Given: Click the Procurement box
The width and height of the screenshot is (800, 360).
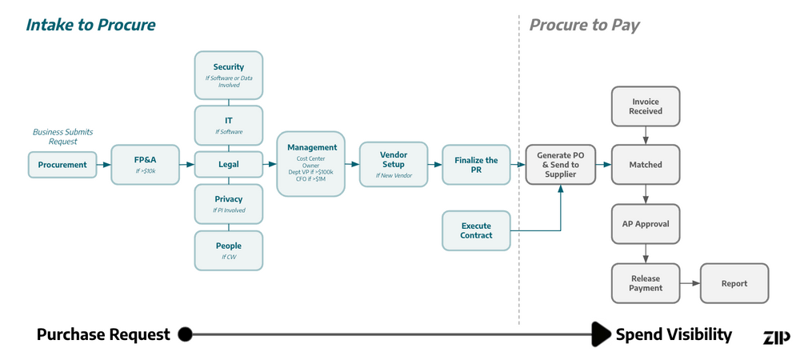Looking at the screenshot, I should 62,165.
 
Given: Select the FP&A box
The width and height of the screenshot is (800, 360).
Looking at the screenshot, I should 146,165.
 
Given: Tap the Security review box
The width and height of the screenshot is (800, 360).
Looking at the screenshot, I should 229,75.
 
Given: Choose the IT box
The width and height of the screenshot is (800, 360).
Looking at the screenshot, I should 229,125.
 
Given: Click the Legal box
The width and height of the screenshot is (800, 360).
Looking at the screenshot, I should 229,165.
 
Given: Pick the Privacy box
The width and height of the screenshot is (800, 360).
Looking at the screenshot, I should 229,204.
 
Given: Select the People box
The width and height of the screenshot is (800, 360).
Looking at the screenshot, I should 229,250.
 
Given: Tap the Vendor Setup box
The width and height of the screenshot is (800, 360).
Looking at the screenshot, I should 394,165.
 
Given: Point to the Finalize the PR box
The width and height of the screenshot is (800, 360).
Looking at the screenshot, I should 476,165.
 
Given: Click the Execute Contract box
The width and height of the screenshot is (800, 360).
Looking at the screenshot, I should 476,230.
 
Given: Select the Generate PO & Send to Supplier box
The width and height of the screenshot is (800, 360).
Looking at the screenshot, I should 560,165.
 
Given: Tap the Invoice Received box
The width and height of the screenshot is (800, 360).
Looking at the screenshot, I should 646,106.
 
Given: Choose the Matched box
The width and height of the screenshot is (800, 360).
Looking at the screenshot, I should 646,165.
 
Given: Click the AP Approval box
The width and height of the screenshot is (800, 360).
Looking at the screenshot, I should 646,224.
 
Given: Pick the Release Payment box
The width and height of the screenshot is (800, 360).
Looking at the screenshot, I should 646,283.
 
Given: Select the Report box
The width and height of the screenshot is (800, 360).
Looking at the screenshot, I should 734,283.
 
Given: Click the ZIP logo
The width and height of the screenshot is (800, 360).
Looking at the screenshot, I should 775,337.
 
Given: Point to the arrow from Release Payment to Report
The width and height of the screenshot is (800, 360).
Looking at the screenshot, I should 690,283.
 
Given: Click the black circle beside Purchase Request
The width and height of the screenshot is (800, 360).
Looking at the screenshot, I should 185,334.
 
